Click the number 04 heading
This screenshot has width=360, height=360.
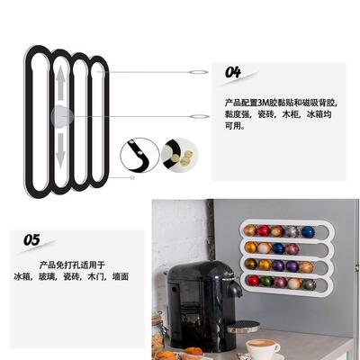click(x=233, y=72)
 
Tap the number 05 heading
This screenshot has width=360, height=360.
click(x=31, y=240)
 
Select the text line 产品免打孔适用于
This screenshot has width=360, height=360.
click(x=72, y=265)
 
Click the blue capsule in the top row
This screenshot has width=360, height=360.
click(x=309, y=231)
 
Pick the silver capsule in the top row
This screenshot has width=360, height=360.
click(x=293, y=232)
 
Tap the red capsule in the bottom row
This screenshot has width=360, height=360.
click(x=253, y=281)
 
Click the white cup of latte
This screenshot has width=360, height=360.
click(x=263, y=347)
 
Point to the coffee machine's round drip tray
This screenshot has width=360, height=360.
click(x=242, y=327)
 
